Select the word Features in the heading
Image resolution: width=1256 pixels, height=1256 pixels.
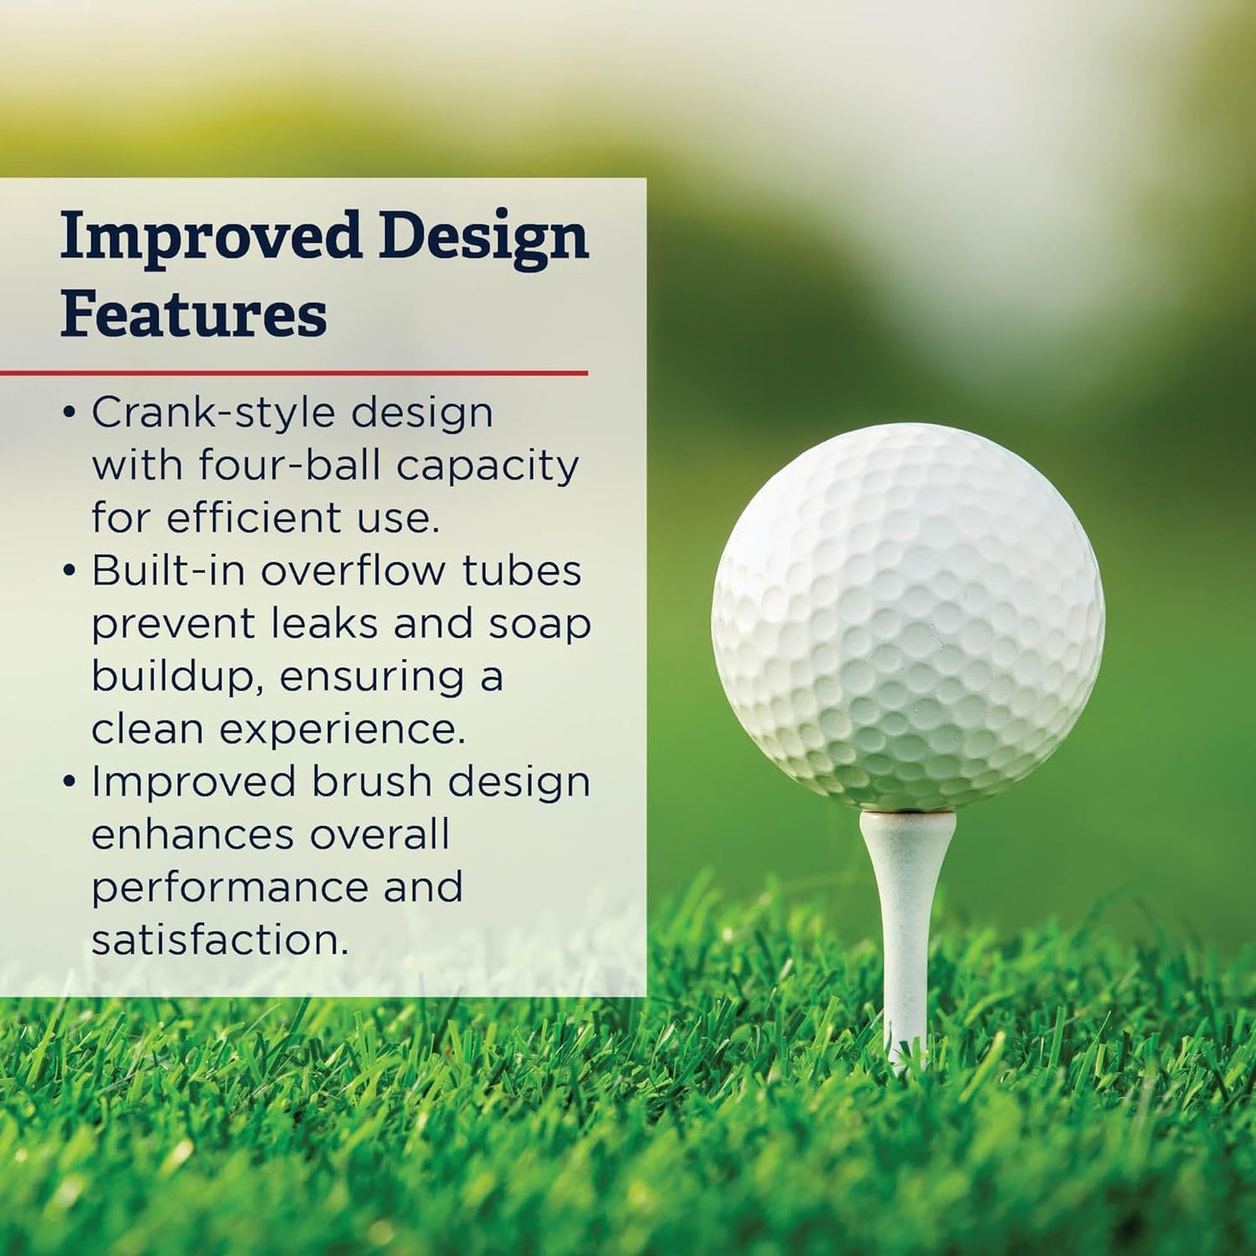tap(194, 315)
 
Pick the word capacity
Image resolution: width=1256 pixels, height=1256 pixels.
tap(488, 467)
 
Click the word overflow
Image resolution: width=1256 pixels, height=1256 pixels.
tap(354, 571)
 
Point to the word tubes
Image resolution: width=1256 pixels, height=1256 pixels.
tap(522, 571)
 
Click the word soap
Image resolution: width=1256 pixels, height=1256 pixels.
tap(539, 625)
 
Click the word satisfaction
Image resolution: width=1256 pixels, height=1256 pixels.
tap(220, 940)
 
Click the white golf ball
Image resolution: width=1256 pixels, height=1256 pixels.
tap(907, 617)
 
